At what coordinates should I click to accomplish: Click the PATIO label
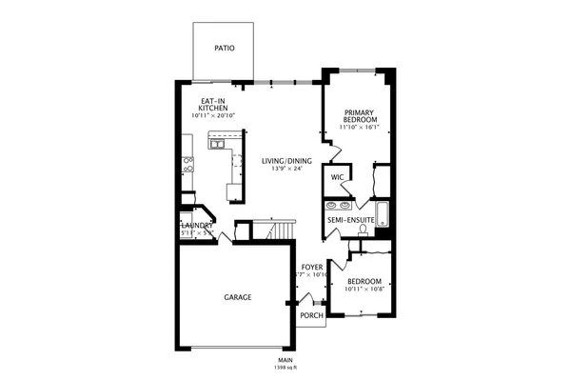click(224, 48)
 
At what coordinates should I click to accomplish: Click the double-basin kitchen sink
click(217, 144)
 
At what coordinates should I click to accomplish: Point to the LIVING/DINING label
click(286, 161)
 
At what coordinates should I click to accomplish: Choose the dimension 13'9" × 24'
click(286, 170)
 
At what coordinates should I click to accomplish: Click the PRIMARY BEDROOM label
click(360, 115)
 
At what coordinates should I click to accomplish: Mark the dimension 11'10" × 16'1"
click(360, 127)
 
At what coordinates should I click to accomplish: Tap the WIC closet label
click(337, 177)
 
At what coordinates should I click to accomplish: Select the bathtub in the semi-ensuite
click(383, 214)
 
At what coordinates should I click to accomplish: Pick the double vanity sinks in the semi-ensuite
click(337, 204)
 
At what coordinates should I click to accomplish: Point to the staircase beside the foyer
click(278, 231)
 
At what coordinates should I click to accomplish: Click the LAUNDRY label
click(197, 226)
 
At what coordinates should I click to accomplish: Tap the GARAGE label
click(237, 297)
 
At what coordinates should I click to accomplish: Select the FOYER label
click(313, 268)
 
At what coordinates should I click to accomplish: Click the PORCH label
click(311, 315)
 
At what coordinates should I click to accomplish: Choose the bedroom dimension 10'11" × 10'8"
click(364, 290)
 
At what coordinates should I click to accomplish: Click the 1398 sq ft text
click(285, 367)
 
